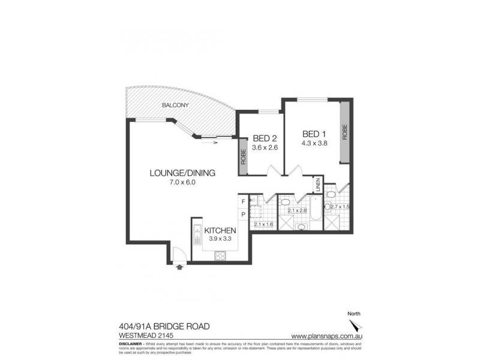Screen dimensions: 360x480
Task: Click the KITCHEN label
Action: click(220, 230)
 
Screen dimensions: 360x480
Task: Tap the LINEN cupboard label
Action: click(317, 185)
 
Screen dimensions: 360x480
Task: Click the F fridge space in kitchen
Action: click(243, 202)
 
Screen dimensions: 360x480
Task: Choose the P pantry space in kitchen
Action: click(243, 214)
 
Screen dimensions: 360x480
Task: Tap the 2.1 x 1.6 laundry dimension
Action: click(263, 224)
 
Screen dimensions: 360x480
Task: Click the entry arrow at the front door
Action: click(179, 268)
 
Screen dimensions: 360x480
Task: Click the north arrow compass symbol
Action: click(357, 325)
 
